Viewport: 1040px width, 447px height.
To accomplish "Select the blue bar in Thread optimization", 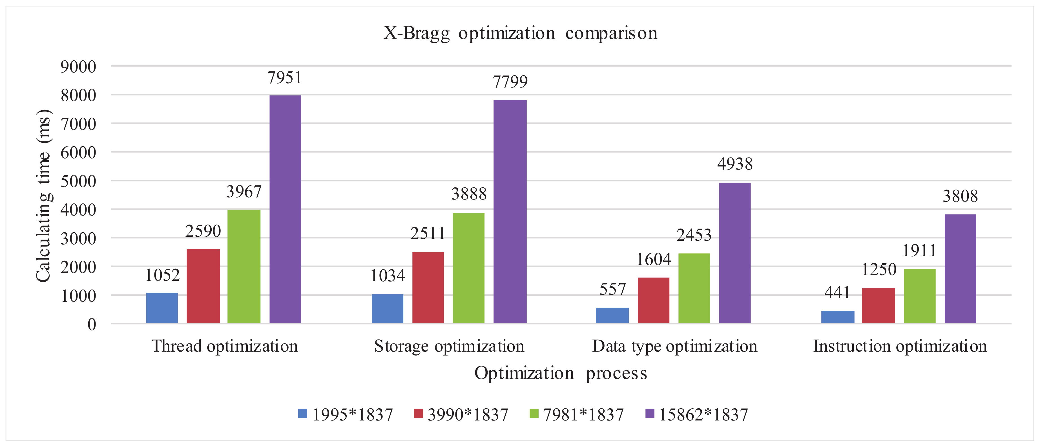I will point(162,308).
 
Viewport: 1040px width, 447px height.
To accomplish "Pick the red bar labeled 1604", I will point(653,300).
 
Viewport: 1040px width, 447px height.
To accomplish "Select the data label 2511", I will point(428,234).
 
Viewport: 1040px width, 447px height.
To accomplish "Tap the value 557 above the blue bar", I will point(612,289).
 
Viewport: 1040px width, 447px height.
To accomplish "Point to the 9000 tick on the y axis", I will point(78,67).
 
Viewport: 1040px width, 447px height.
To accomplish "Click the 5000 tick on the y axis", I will point(78,181).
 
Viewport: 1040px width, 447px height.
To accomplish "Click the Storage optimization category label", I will point(449,346).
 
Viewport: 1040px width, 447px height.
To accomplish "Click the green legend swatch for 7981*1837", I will point(534,413).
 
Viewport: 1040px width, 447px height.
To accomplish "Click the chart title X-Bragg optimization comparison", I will point(520,33).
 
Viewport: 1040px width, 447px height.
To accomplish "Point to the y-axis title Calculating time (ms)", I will point(44,195).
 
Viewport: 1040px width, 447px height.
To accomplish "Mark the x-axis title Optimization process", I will point(560,373).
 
